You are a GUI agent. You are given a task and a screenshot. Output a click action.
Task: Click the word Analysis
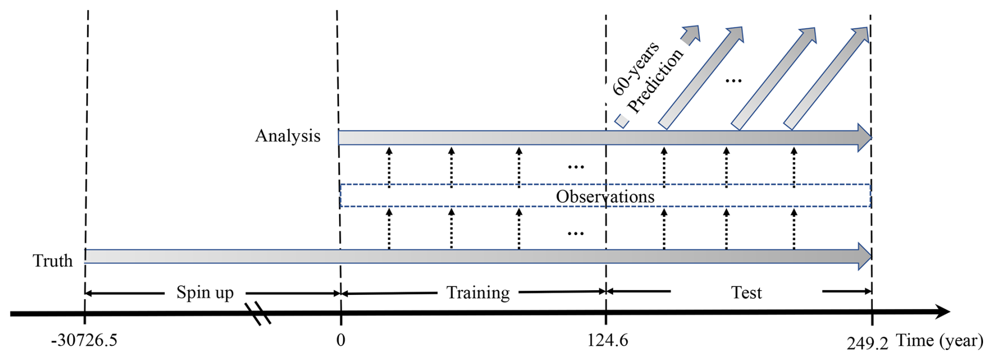[288, 136]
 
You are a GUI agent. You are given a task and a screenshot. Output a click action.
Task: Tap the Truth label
[52, 261]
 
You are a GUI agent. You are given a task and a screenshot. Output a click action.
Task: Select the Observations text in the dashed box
[605, 197]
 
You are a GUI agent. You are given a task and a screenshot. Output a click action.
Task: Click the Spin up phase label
[205, 292]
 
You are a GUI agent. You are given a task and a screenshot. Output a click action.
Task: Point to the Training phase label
[478, 292]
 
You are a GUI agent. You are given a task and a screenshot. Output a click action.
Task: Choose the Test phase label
[746, 292]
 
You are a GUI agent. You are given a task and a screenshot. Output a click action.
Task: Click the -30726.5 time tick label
[84, 341]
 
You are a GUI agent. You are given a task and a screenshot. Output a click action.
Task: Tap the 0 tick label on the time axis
[341, 340]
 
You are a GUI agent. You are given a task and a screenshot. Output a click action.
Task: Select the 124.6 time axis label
[607, 341]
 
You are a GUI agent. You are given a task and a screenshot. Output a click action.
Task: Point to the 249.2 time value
[867, 343]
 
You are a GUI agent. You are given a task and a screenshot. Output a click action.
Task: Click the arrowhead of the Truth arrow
[864, 256]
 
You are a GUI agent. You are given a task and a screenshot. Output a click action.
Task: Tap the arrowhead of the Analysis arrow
[864, 137]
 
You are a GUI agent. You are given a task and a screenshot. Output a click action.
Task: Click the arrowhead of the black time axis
[942, 312]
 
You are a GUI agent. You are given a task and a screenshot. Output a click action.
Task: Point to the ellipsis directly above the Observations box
[576, 167]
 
